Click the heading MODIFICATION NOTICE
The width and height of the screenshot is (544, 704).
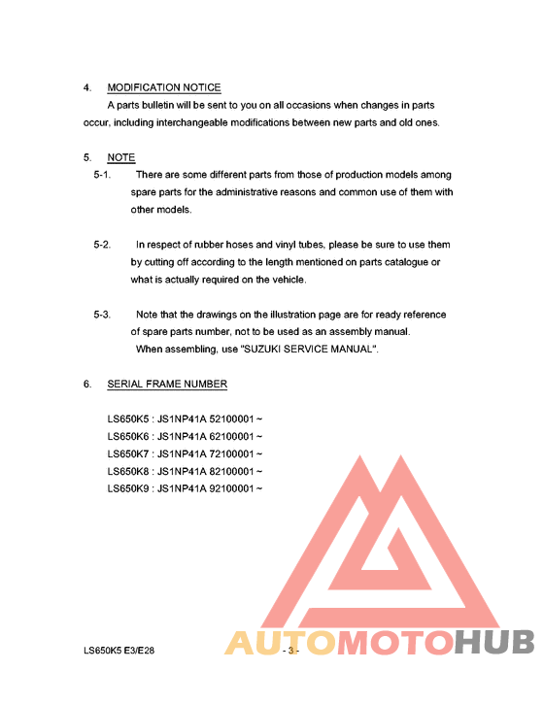(x=164, y=87)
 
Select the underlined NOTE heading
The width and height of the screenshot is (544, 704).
(x=120, y=157)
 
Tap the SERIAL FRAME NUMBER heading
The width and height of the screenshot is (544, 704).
(x=167, y=384)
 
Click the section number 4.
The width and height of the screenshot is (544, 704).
(x=87, y=87)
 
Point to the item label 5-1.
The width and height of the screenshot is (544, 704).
(x=102, y=175)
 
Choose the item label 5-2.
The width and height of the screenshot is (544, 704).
(x=102, y=245)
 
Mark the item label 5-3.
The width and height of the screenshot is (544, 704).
(x=102, y=315)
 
